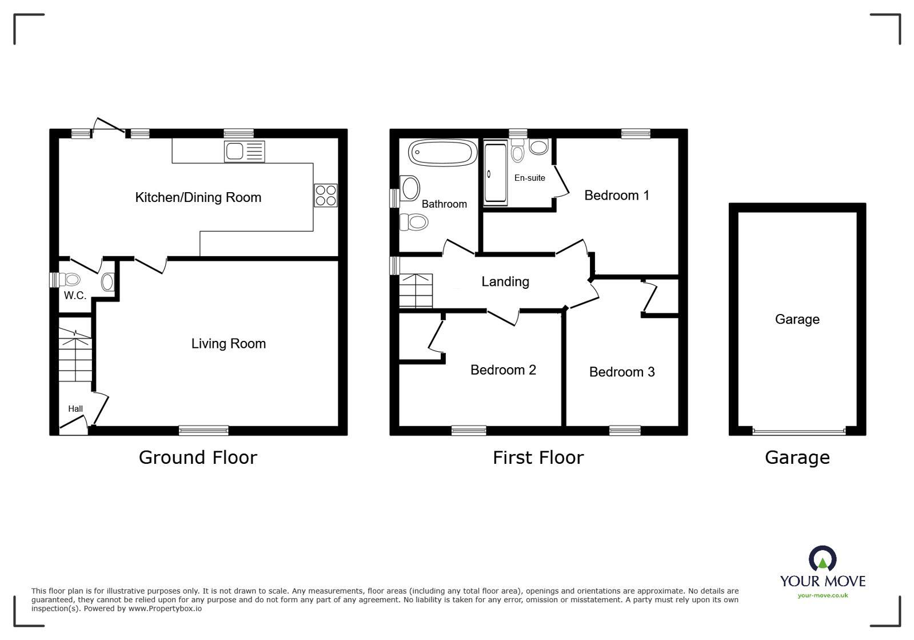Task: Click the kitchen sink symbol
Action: click(244, 152)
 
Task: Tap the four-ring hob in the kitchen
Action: click(326, 195)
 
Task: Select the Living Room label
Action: click(228, 344)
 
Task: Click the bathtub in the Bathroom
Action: click(442, 153)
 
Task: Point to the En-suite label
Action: click(529, 178)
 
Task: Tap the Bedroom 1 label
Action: click(616, 196)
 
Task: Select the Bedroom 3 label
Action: click(621, 372)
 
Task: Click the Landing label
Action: click(505, 281)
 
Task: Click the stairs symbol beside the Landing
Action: click(416, 291)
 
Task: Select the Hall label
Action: click(75, 409)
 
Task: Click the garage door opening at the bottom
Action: click(798, 431)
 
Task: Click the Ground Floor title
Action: click(198, 458)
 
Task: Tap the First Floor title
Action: click(538, 458)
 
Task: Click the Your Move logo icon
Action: click(822, 559)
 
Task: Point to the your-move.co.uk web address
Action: click(823, 595)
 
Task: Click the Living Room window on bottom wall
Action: click(203, 431)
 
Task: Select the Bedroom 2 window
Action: click(469, 431)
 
